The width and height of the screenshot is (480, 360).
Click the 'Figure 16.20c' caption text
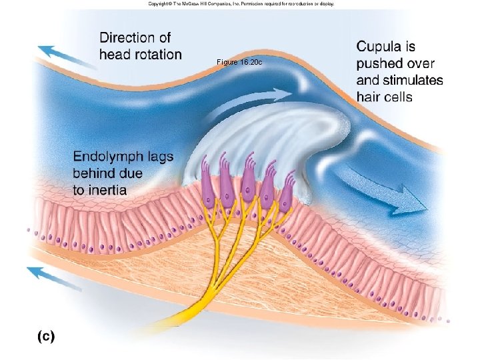[240, 62]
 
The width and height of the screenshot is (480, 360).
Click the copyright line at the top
[241, 4]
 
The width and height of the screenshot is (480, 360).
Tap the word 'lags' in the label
[159, 157]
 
